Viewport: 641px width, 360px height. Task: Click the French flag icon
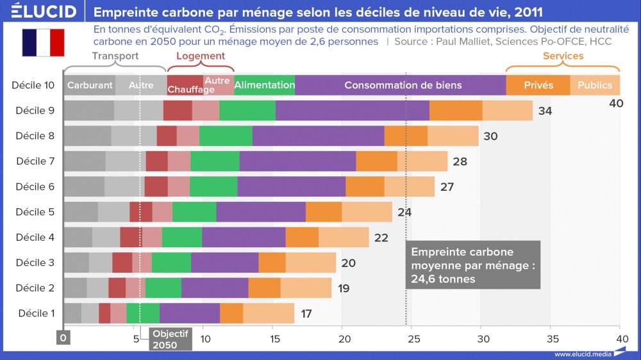click(43, 42)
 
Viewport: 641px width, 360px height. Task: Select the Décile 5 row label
click(35, 212)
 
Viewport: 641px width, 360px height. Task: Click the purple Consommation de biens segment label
click(403, 85)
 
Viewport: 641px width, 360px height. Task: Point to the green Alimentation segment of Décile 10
click(264, 85)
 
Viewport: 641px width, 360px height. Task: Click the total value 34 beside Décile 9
click(545, 111)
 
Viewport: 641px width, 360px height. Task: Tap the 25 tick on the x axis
click(413, 338)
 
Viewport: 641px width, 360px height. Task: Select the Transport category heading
click(115, 56)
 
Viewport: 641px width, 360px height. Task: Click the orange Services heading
click(563, 56)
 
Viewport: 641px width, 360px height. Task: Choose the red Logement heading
click(201, 56)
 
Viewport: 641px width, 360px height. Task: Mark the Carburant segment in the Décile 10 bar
click(90, 85)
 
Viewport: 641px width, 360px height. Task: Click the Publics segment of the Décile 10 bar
click(595, 85)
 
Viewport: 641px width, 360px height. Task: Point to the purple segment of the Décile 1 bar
click(190, 313)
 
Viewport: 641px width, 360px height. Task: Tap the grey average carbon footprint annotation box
click(473, 265)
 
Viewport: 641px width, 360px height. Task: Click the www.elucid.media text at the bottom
click(582, 354)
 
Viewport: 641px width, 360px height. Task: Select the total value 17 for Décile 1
click(306, 314)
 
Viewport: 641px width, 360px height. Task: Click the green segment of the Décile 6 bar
click(213, 186)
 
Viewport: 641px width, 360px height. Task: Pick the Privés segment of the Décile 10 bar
click(538, 85)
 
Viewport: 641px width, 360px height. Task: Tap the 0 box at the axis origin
click(63, 338)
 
